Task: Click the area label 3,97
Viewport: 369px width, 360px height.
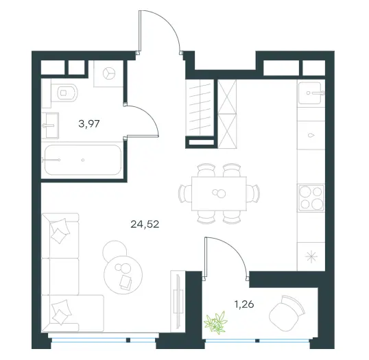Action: click(x=89, y=123)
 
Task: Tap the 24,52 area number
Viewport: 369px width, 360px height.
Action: click(x=145, y=224)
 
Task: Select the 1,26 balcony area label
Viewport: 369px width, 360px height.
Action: click(x=244, y=304)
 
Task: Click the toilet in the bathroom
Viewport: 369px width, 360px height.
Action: click(x=64, y=93)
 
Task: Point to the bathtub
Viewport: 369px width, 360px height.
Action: click(x=83, y=160)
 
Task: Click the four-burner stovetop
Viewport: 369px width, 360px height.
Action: click(x=311, y=197)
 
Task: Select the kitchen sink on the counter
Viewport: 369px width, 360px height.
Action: click(x=310, y=93)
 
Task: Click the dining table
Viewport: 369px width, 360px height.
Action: click(x=219, y=193)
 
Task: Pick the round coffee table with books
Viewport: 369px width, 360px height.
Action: click(x=123, y=274)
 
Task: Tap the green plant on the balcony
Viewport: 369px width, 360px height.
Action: click(x=216, y=322)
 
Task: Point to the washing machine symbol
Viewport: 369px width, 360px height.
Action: click(x=109, y=73)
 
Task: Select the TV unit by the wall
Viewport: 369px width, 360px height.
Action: click(x=178, y=301)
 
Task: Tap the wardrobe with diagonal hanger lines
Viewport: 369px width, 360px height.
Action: click(x=200, y=108)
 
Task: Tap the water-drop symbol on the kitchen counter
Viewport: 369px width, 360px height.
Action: click(x=311, y=135)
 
